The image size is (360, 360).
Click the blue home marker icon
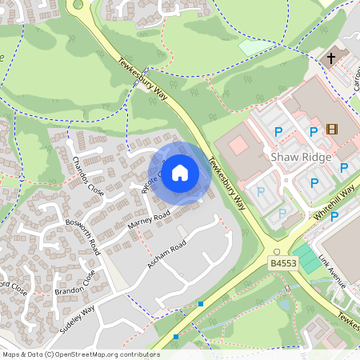pyautogui.click(x=180, y=172)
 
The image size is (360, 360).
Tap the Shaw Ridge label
pyautogui.click(x=301, y=158)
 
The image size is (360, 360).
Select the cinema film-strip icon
pyautogui.click(x=332, y=130)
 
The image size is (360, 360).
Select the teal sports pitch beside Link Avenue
pyautogui.click(x=306, y=258)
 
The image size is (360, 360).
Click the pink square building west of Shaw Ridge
pyautogui.click(x=238, y=146)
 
